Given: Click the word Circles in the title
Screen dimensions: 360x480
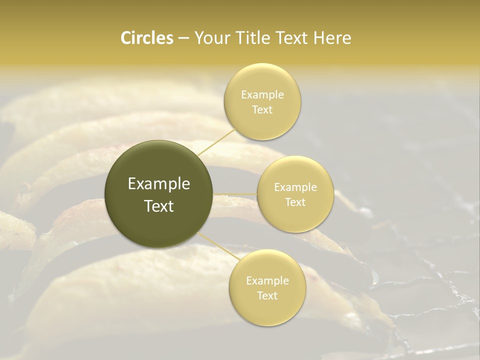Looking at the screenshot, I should click(147, 38).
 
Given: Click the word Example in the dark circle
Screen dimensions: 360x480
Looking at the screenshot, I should click(159, 184).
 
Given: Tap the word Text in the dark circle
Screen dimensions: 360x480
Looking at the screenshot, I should click(159, 206).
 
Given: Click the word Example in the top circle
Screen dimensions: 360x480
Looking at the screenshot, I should click(262, 95).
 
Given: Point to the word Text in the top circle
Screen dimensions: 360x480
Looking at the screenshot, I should click(262, 110).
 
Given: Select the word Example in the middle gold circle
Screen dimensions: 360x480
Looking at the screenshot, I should click(295, 187).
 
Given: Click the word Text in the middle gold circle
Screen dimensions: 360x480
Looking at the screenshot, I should click(295, 202).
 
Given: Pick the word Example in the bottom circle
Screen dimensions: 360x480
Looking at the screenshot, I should click(267, 281).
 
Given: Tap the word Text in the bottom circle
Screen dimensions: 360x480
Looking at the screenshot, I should click(267, 296).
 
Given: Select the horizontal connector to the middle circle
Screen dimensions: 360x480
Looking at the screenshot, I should click(235, 194).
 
